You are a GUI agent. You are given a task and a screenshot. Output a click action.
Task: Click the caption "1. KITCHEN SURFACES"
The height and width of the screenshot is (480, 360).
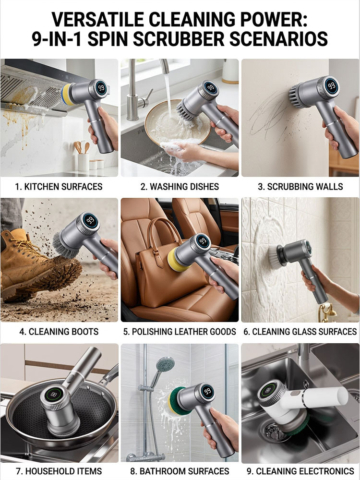pos(59,186)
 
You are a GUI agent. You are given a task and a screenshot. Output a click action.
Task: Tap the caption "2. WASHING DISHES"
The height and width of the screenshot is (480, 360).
pos(180,186)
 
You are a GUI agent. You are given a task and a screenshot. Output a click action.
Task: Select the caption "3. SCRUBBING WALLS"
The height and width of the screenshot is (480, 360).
pos(300,186)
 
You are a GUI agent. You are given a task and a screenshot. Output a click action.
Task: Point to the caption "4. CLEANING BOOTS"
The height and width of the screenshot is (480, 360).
pos(59,331)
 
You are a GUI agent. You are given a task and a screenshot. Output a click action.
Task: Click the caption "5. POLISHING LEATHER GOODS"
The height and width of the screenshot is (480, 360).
pos(180,331)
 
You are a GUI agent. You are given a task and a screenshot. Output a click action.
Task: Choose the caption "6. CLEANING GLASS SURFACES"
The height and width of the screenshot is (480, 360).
pos(300,331)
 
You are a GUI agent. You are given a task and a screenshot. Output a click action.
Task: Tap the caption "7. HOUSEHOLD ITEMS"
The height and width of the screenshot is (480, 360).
pos(59,471)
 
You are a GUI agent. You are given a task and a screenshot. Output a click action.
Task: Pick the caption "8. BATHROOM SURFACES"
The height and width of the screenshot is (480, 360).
pos(180,471)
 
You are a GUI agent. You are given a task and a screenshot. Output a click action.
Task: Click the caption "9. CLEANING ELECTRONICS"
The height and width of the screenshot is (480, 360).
pos(300,471)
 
